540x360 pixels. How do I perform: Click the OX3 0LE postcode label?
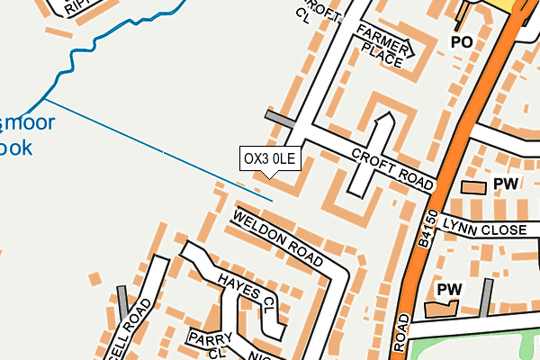pos(269,159)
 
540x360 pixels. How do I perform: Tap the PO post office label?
pos(462,42)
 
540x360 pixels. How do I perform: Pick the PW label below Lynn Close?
pos(449,290)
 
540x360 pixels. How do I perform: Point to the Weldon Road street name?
pos(277,240)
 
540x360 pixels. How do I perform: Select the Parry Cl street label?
pos(210,342)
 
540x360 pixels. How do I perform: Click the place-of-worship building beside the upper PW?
pos(472,186)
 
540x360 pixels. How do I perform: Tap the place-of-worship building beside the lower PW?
pos(440,309)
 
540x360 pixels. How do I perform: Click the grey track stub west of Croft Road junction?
pos(279,121)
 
